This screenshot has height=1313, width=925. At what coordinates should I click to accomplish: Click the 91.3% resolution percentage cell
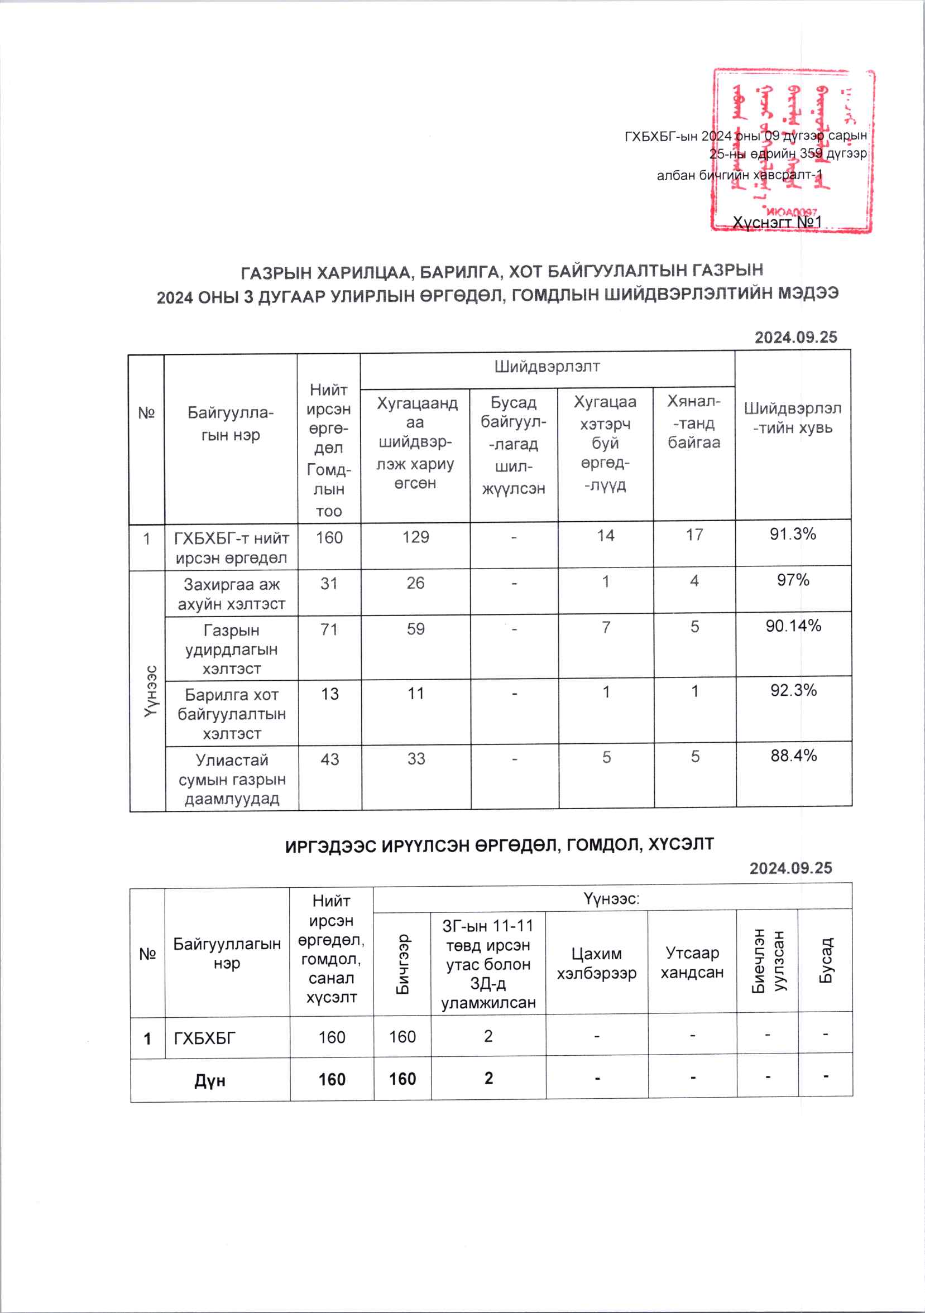[x=792, y=534]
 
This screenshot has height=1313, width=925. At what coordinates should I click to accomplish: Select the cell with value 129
[x=415, y=537]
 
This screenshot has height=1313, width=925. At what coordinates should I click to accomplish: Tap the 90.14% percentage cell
[x=793, y=626]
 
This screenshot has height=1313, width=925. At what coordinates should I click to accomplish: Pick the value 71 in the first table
[x=329, y=629]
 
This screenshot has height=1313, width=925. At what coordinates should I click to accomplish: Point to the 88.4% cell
[x=793, y=756]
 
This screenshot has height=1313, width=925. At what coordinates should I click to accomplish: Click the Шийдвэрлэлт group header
[x=547, y=367]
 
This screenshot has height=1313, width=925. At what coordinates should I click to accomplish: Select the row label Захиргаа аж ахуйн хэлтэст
[x=231, y=594]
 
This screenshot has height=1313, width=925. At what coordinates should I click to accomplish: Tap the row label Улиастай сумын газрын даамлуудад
[x=232, y=779]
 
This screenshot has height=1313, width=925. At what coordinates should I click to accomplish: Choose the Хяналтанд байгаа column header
[x=693, y=422]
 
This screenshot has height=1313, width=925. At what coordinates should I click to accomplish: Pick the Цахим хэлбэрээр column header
[x=596, y=963]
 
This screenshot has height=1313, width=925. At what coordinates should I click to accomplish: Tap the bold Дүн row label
[x=209, y=1080]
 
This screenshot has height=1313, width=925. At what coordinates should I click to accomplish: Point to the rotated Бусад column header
[x=826, y=961]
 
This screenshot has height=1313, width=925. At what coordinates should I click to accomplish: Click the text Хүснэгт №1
[x=777, y=222]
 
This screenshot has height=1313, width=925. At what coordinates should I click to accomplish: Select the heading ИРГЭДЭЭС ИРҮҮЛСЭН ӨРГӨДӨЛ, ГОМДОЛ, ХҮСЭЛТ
[x=499, y=845]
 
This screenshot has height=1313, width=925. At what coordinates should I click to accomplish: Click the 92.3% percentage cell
[x=793, y=691]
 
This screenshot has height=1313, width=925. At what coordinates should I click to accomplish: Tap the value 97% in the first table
[x=793, y=580]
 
